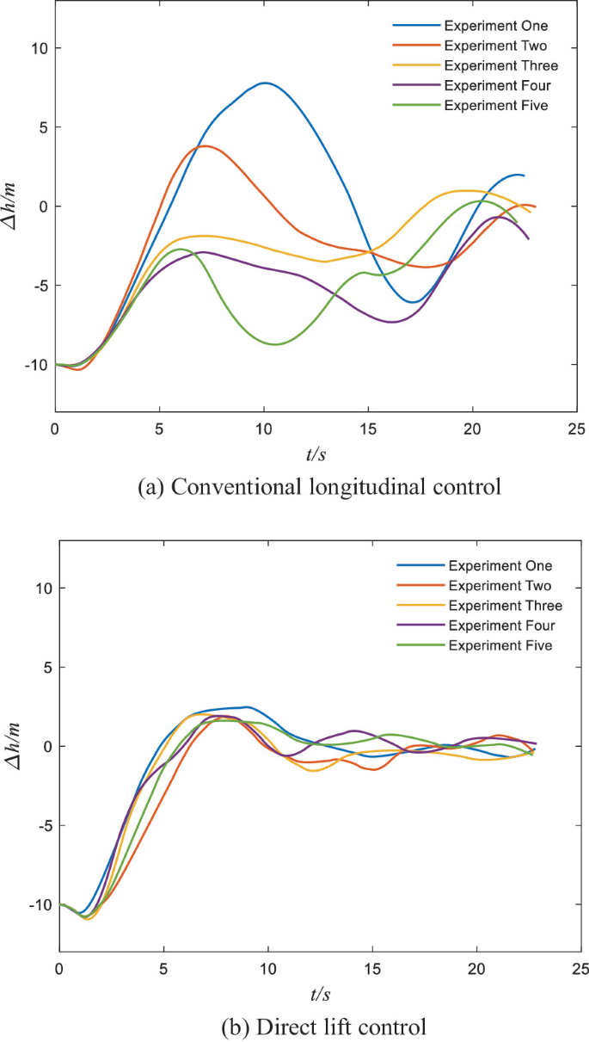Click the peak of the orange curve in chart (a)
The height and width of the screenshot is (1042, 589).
pyautogui.click(x=206, y=145)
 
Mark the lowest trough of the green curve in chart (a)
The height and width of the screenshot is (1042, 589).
pyautogui.click(x=275, y=344)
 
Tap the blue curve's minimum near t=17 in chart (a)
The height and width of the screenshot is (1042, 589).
pyautogui.click(x=414, y=302)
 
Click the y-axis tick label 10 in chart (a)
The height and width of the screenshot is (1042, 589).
pyautogui.click(x=34, y=48)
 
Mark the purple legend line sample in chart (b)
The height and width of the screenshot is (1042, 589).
pyautogui.click(x=418, y=626)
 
